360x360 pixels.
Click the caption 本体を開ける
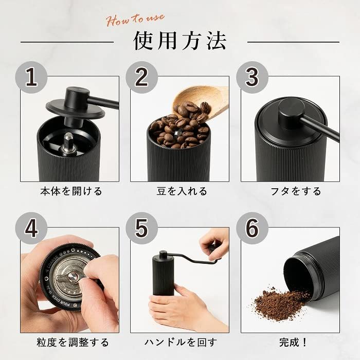[x=71, y=191]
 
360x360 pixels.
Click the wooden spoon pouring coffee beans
[x=208, y=100]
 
